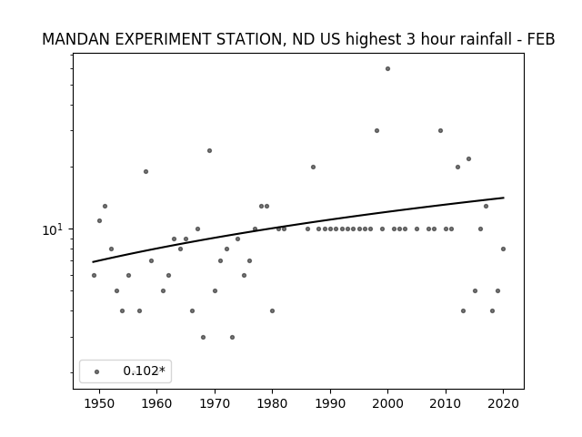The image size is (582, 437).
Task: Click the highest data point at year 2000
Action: tap(387, 69)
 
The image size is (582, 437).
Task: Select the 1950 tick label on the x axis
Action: tap(99, 403)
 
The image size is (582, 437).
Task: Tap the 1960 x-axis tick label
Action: tap(156, 403)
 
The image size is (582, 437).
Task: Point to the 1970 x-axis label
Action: tap(215, 403)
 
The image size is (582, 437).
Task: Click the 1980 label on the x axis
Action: tap(272, 403)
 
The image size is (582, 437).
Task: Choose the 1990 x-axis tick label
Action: tap(330, 403)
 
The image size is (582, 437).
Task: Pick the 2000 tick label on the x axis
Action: tap(387, 403)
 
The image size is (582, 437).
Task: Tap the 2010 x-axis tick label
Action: tap(446, 403)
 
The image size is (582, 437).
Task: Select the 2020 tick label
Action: tap(503, 403)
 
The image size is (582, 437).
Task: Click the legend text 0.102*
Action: tap(144, 371)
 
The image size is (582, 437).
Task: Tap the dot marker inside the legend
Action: tap(97, 371)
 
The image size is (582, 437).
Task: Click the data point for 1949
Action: tap(94, 275)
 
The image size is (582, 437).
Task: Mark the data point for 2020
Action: tap(503, 249)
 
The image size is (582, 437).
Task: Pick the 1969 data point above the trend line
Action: tap(209, 150)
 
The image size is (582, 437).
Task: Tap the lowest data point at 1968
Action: tap(203, 337)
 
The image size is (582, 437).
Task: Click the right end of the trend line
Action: tap(504, 198)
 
